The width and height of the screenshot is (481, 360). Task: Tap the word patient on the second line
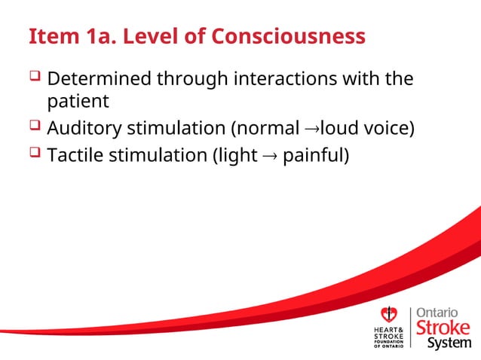(78, 101)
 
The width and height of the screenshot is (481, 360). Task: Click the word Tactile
(75, 156)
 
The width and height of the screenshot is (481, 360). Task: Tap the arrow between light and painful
(269, 157)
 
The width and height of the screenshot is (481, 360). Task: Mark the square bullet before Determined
(35, 77)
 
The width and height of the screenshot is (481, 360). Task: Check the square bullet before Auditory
(35, 127)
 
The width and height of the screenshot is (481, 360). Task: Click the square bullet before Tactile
(35, 154)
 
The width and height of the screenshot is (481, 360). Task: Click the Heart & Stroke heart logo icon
(389, 315)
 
